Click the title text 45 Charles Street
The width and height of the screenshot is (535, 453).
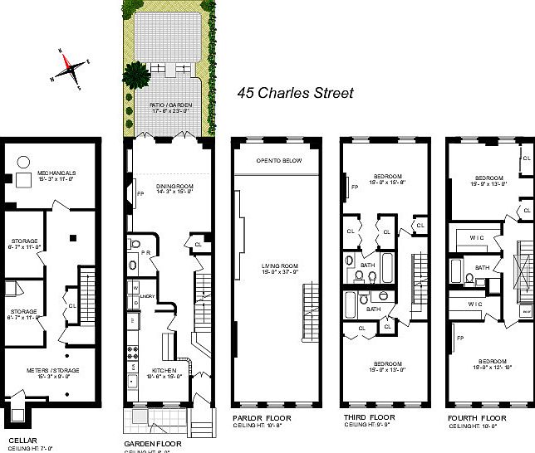coord(295,93)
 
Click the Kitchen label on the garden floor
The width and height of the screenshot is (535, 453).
coord(163,371)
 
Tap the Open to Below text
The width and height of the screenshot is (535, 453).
coord(278,160)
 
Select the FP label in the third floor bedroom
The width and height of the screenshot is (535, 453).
coord(355,188)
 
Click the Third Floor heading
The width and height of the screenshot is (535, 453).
coord(366,417)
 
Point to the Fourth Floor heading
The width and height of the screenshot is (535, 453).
coord(476,417)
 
